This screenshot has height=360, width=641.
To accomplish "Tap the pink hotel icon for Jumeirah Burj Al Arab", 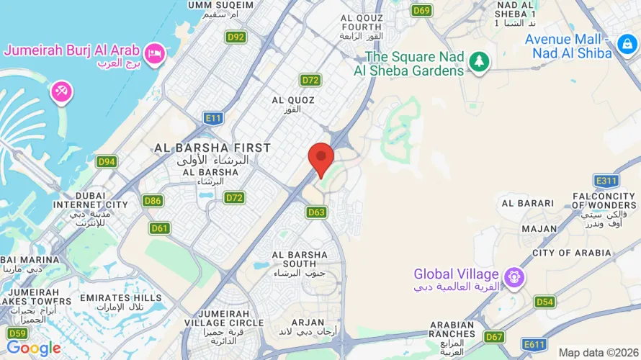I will click(154, 53).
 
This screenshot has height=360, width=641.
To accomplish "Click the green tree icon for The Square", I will click(478, 63).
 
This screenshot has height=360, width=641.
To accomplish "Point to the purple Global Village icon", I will click(513, 275).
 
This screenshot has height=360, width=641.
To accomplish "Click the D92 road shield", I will click(235, 37).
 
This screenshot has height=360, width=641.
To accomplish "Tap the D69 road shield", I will click(421, 10).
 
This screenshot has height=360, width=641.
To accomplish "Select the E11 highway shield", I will click(213, 118).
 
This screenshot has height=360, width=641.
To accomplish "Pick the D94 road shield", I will click(107, 161).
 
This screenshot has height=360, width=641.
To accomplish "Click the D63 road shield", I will click(317, 212).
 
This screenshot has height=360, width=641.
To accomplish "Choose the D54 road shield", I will click(545, 302).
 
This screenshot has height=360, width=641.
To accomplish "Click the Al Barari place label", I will click(528, 204).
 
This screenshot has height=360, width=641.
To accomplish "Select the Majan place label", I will click(539, 229).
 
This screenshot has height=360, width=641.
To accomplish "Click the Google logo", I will click(33, 348).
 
